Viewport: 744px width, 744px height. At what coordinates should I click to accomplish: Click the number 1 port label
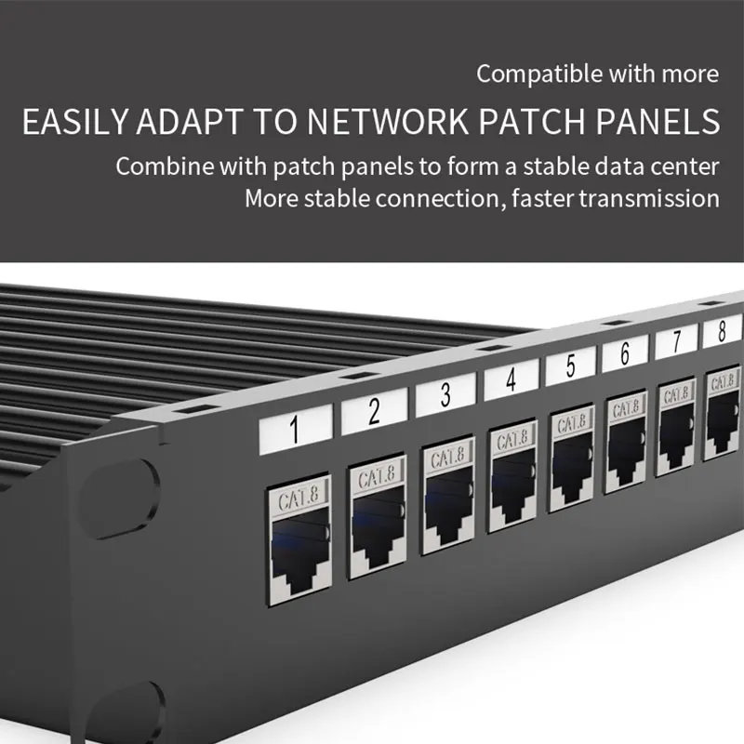pos(295,432)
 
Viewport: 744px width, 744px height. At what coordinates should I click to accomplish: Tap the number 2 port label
pos(374,410)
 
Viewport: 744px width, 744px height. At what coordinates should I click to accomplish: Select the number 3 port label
pos(445,393)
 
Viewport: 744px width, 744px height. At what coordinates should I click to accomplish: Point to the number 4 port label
pos(511,379)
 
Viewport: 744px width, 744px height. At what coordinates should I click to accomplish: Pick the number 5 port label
pos(570,365)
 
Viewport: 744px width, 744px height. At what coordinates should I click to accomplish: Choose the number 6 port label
pos(625,353)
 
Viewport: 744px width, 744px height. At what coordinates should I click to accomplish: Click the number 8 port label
pos(723,330)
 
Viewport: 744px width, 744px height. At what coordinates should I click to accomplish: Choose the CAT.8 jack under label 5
pos(571,462)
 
